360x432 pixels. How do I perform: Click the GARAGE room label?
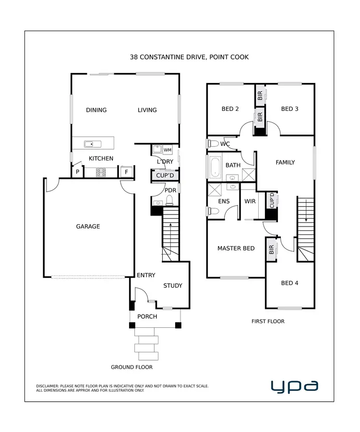tap(88, 226)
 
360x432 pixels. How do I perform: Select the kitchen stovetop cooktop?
tap(101, 172)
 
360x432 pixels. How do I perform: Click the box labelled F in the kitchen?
tap(127, 172)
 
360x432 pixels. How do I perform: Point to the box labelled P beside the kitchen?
tap(77, 172)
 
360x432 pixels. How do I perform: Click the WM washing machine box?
tap(168, 150)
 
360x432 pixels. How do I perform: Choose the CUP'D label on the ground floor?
tap(165, 176)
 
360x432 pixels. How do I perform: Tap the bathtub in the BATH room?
tap(215, 168)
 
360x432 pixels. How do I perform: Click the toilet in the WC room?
tap(213, 144)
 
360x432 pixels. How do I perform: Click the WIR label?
tap(250, 202)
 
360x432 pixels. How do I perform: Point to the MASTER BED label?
tap(236, 249)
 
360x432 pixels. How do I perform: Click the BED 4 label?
tap(289, 283)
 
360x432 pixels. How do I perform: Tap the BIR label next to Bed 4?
tap(271, 250)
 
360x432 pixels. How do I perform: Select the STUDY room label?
tap(173, 286)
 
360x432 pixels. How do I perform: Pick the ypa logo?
tap(294, 386)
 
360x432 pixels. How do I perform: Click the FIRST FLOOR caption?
tap(268, 321)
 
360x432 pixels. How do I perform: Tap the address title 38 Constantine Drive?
tap(189, 57)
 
